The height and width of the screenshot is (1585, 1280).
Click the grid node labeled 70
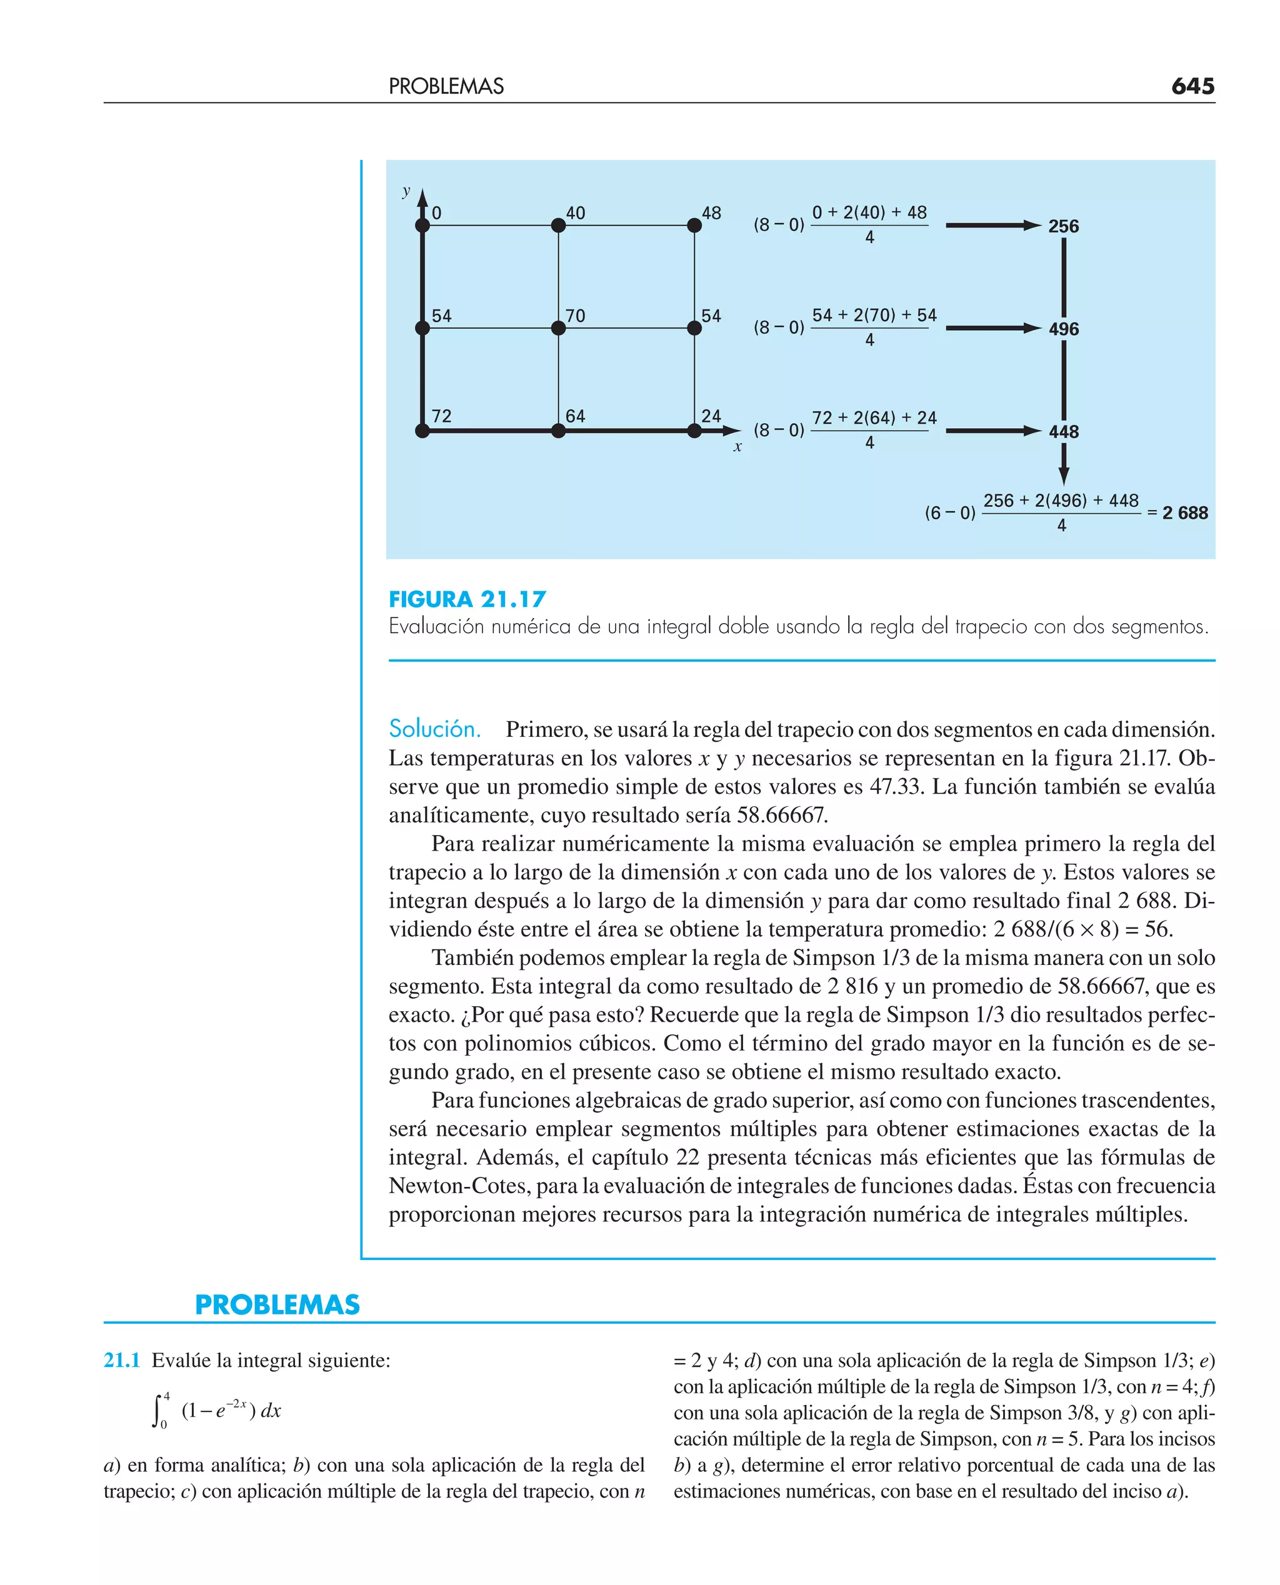(558, 328)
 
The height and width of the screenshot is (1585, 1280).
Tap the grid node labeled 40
(558, 226)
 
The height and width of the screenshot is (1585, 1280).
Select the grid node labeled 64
(558, 431)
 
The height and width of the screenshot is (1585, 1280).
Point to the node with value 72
(422, 431)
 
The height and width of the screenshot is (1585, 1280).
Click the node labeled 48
(694, 226)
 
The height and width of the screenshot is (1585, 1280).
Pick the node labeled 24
(694, 431)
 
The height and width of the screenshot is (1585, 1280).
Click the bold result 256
(1062, 226)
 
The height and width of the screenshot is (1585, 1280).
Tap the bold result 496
(1062, 329)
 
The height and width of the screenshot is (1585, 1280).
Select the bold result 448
(1062, 431)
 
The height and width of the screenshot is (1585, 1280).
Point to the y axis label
(406, 191)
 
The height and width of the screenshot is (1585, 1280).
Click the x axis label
(737, 447)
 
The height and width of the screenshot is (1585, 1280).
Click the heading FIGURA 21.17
(467, 599)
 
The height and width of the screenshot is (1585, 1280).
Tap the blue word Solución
(434, 729)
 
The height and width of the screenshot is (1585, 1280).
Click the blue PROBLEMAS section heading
(277, 1305)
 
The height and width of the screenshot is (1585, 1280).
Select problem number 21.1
(122, 1360)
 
